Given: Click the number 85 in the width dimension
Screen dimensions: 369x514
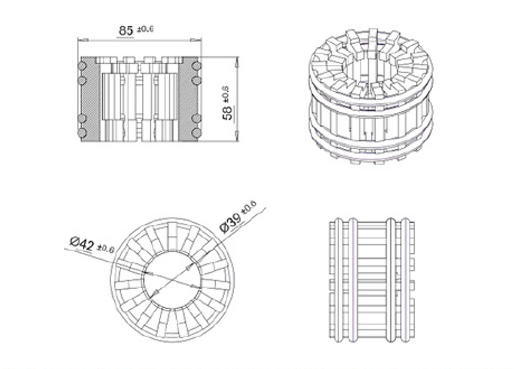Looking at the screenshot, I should point(126,30).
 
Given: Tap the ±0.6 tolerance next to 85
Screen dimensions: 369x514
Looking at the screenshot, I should point(144,29).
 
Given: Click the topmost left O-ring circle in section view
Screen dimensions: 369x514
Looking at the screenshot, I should point(82,65).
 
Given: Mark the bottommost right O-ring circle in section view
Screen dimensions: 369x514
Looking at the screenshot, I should point(196,133).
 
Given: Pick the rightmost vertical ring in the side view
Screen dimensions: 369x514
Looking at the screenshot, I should point(406,280).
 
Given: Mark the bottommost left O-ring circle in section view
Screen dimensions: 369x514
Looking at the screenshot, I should point(82,133).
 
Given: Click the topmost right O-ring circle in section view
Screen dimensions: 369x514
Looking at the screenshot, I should point(196,65).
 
